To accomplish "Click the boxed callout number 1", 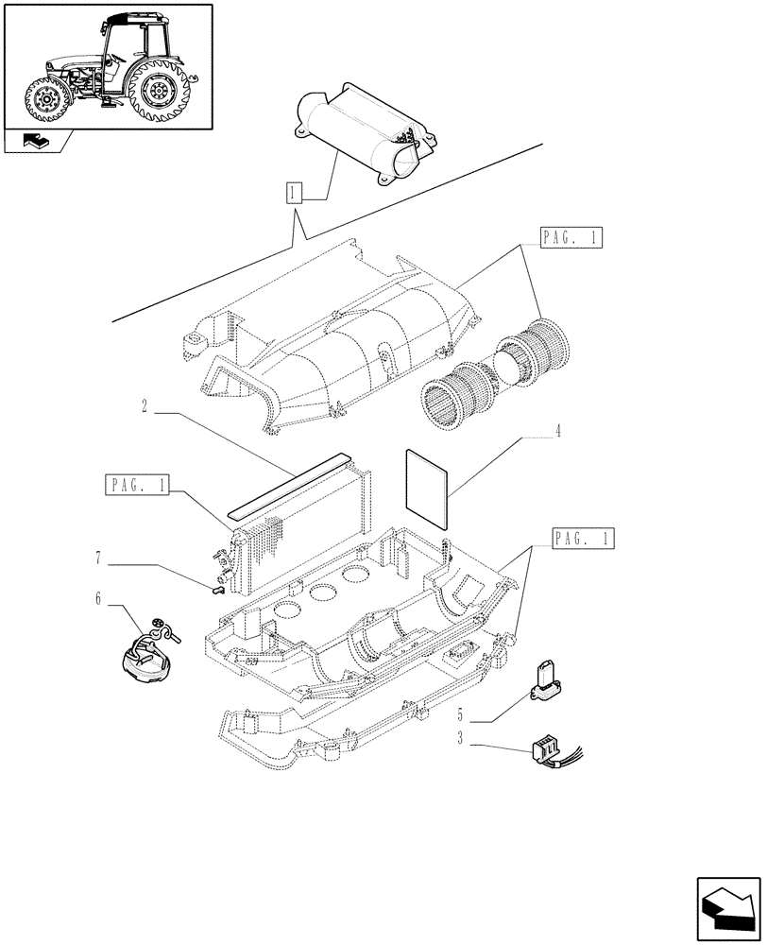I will [x=295, y=196].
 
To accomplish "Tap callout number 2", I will [x=145, y=408].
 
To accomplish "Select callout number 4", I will [x=558, y=432].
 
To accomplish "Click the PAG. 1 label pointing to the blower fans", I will [x=572, y=238].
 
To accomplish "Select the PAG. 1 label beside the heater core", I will [x=138, y=487].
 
